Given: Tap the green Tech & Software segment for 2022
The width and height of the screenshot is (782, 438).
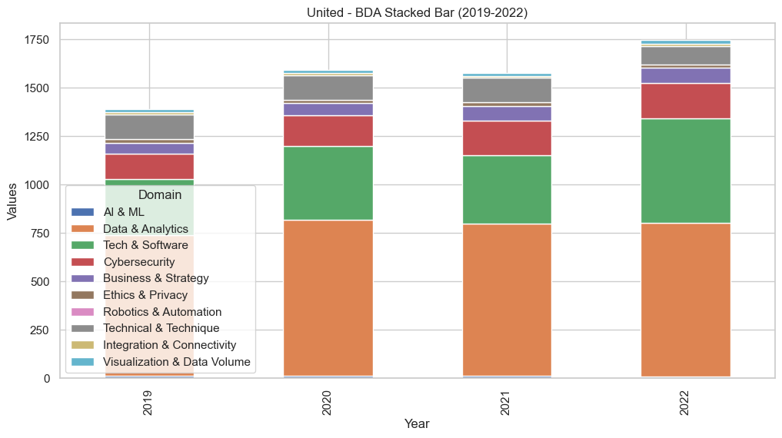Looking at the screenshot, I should point(686,171).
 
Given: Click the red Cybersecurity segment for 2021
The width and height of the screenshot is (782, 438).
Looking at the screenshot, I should point(507,138).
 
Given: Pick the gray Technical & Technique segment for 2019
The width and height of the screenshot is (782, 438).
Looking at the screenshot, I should point(149,127).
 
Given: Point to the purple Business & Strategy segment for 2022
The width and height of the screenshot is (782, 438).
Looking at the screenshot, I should point(686,75).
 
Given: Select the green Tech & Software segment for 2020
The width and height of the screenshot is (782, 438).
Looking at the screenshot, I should point(328,183).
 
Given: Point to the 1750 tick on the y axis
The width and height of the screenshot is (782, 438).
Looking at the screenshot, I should point(36,40).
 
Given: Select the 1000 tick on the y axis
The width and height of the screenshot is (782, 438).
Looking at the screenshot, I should point(36,185).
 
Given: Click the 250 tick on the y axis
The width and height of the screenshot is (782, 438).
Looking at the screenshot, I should point(40,330).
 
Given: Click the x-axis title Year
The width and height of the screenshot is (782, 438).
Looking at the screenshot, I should point(418,423).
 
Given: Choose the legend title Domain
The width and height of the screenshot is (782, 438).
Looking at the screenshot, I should point(160,195).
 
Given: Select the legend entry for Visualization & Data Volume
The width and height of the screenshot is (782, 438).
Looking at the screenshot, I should point(178,362).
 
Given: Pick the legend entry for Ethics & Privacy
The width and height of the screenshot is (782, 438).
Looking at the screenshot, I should point(146,295).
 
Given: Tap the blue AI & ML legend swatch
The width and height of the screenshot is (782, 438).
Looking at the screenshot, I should point(82,212).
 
